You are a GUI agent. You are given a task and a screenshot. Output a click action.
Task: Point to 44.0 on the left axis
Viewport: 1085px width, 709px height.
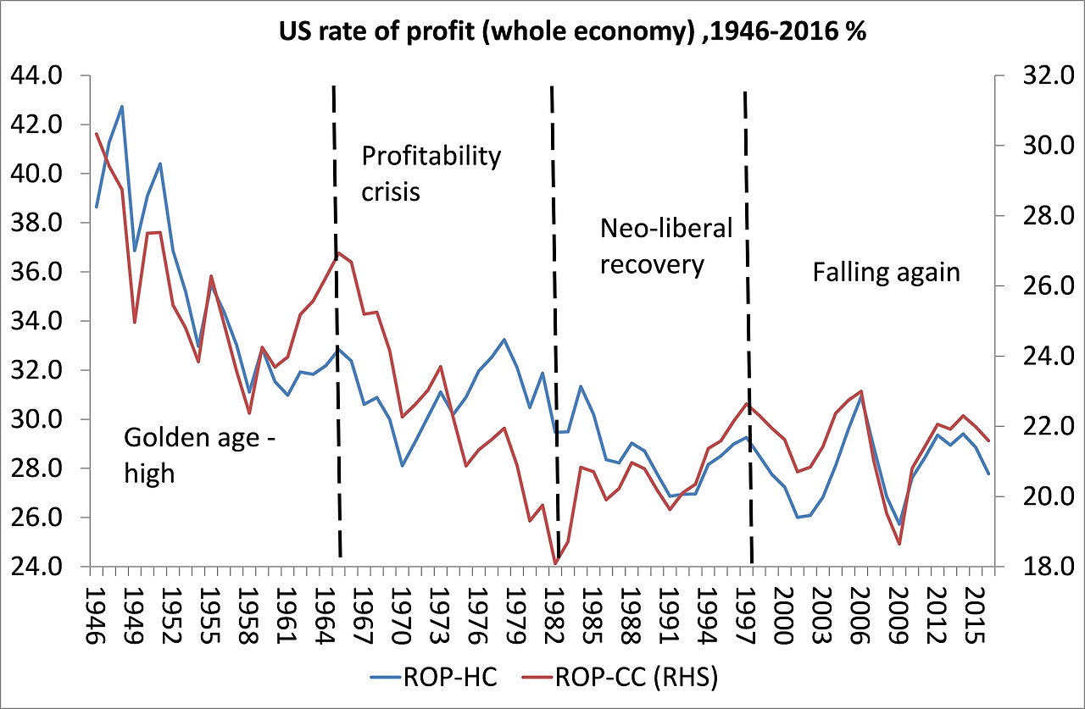(36, 76)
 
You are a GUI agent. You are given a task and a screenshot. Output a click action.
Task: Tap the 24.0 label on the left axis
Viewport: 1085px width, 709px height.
(36, 567)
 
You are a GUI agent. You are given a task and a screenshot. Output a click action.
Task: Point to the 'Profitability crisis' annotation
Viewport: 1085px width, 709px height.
(431, 174)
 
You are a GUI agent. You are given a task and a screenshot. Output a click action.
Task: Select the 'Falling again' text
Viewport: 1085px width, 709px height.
(886, 272)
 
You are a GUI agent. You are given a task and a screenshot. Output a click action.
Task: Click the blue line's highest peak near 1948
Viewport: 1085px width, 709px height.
(122, 107)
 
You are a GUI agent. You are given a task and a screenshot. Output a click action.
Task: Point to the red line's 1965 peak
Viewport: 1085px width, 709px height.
(338, 252)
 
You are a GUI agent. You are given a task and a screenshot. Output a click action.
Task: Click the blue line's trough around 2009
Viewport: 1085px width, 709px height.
(899, 524)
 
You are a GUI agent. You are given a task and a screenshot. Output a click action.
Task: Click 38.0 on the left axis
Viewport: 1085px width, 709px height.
(36, 223)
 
